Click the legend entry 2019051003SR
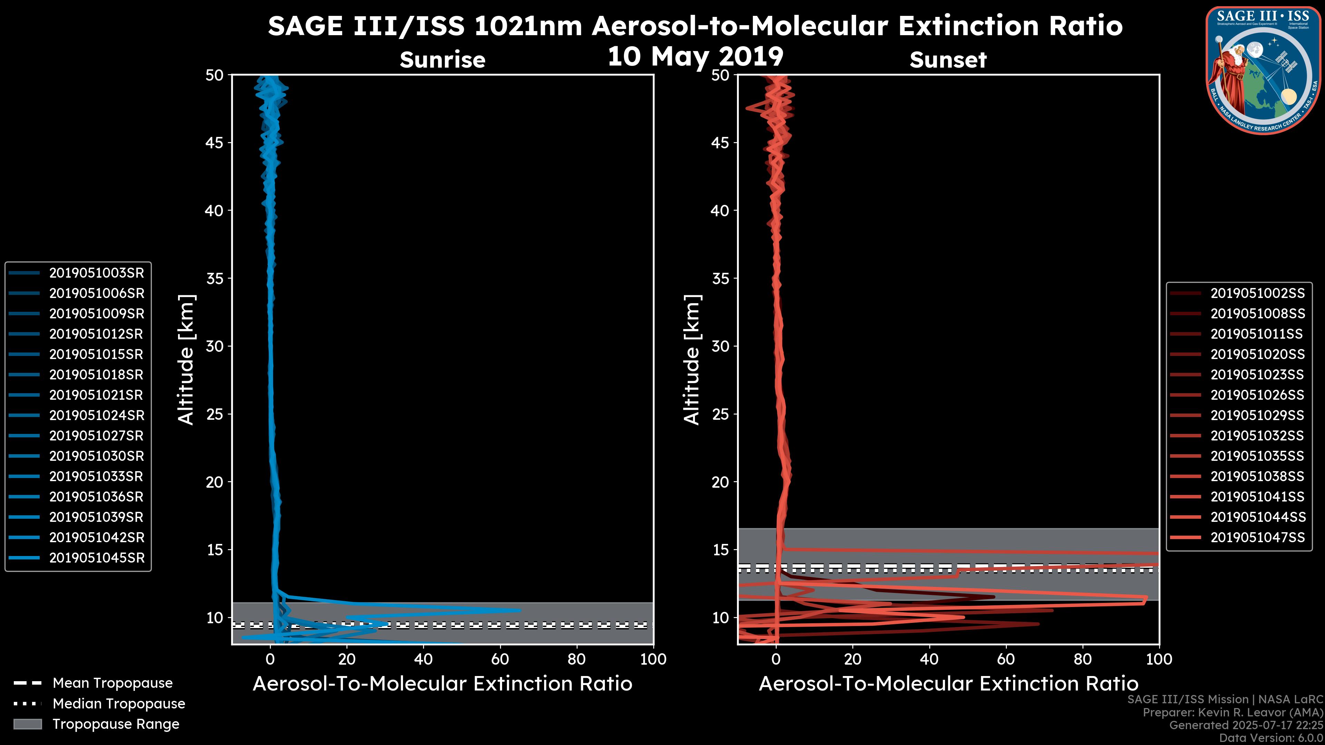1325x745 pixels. tap(96, 273)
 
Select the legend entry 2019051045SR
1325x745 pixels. tap(96, 558)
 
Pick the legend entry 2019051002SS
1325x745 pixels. tap(1257, 293)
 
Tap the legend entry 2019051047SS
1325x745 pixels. tap(1257, 537)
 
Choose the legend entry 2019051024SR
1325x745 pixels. tap(96, 415)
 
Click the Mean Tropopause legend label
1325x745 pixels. tap(112, 683)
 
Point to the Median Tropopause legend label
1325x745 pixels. tap(119, 704)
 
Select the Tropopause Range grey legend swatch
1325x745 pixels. tap(27, 724)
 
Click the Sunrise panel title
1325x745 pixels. tap(442, 60)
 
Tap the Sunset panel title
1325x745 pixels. tap(948, 60)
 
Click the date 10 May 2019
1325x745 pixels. tap(695, 56)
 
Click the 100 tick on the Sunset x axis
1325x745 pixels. tap(1159, 659)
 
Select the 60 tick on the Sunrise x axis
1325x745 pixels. tap(500, 659)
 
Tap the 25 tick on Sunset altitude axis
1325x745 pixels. tap(720, 414)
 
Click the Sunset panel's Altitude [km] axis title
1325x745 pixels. tap(692, 360)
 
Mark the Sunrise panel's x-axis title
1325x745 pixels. tap(442, 684)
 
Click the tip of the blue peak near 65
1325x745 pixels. tap(520, 610)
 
